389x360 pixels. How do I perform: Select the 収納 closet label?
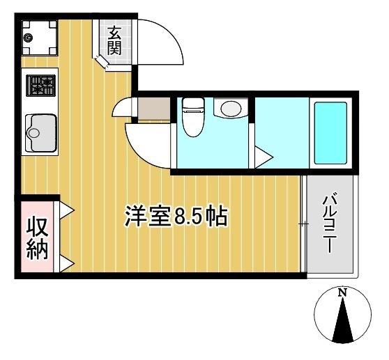point(38,238)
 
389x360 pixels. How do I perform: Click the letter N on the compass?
point(342,294)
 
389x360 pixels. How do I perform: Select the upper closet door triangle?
point(67,209)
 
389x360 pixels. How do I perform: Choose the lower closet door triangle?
point(67,263)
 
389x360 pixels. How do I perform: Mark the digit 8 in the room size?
point(180,217)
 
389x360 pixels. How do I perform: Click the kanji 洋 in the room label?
point(136,217)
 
